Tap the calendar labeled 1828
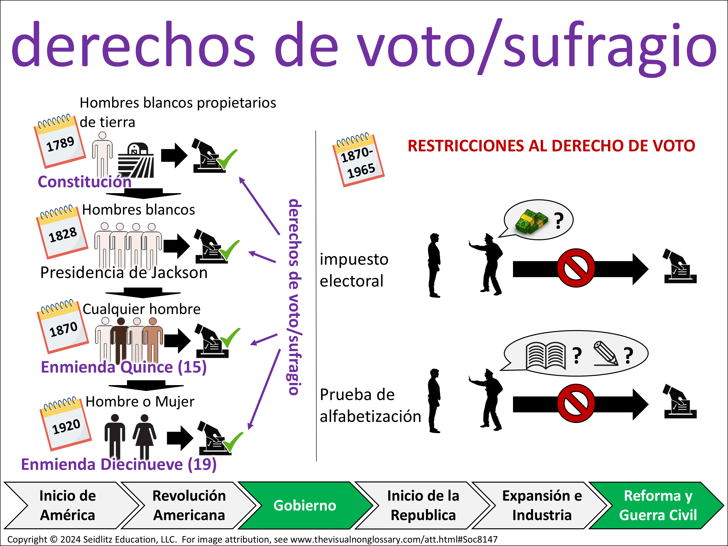click(62, 232)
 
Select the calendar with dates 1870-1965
click(358, 160)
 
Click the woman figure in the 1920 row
click(144, 436)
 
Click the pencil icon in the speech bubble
click(605, 354)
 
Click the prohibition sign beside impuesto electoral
click(576, 268)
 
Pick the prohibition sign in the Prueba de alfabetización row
click(576, 403)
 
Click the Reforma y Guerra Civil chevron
click(658, 505)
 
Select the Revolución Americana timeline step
click(189, 505)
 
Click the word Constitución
click(85, 182)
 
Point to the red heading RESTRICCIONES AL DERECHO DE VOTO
click(551, 146)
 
